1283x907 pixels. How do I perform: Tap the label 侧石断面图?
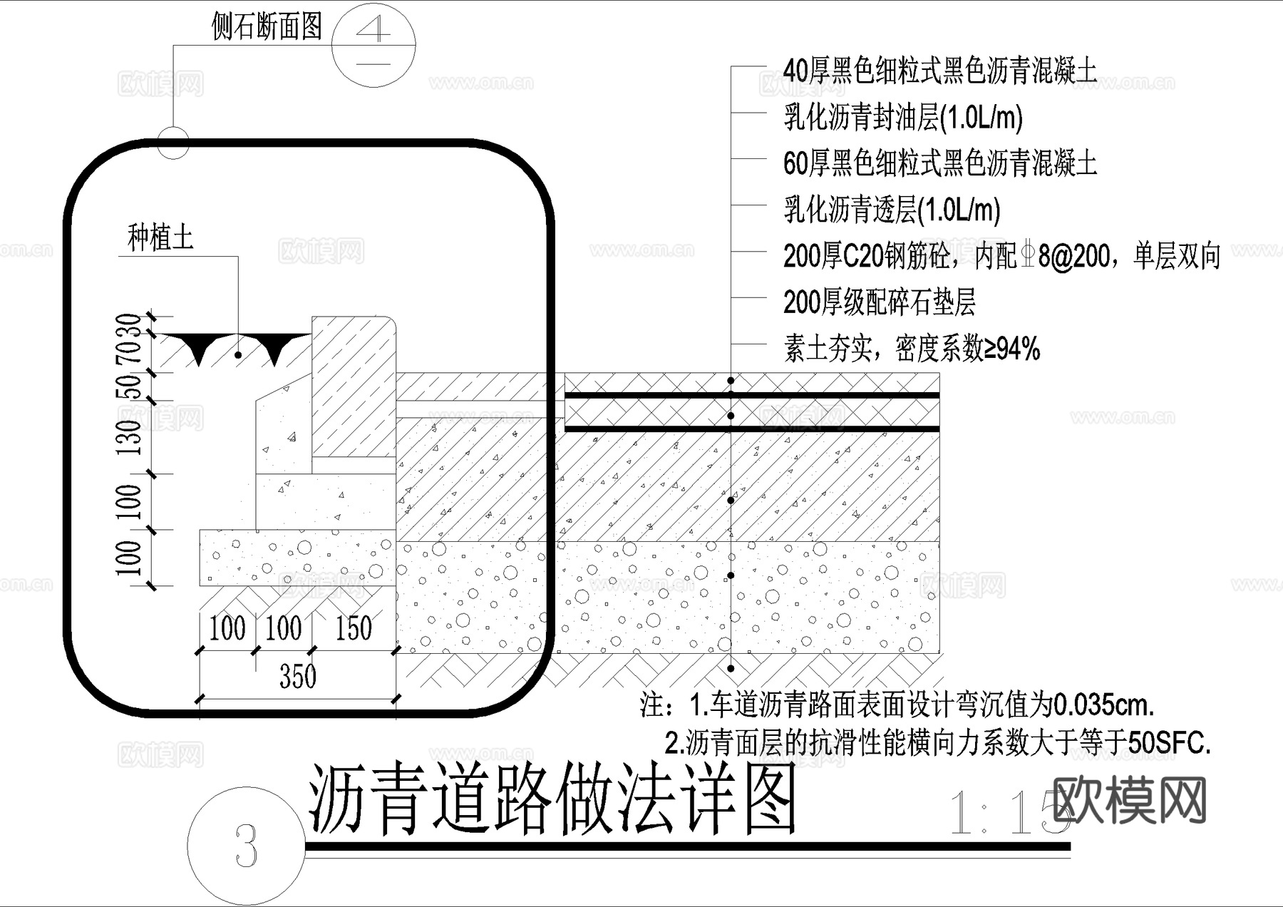click(267, 27)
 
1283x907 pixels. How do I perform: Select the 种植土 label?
click(160, 237)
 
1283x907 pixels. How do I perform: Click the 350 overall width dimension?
click(297, 676)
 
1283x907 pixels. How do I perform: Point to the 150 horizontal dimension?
click(354, 628)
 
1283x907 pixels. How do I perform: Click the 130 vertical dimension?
click(130, 437)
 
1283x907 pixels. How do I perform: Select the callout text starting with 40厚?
click(939, 71)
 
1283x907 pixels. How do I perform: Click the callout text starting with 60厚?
click(939, 163)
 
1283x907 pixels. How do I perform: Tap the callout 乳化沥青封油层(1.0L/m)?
click(903, 118)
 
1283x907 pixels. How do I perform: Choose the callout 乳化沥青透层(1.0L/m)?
click(892, 210)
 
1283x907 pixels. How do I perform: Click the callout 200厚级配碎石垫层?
click(879, 302)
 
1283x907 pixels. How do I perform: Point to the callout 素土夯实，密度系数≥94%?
click(911, 349)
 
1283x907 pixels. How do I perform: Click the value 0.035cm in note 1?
click(1103, 705)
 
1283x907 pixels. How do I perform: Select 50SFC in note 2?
click(1169, 743)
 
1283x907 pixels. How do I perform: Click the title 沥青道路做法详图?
click(552, 799)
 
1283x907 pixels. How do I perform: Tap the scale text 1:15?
click(1005, 813)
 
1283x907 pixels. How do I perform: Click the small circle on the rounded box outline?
click(172, 141)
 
